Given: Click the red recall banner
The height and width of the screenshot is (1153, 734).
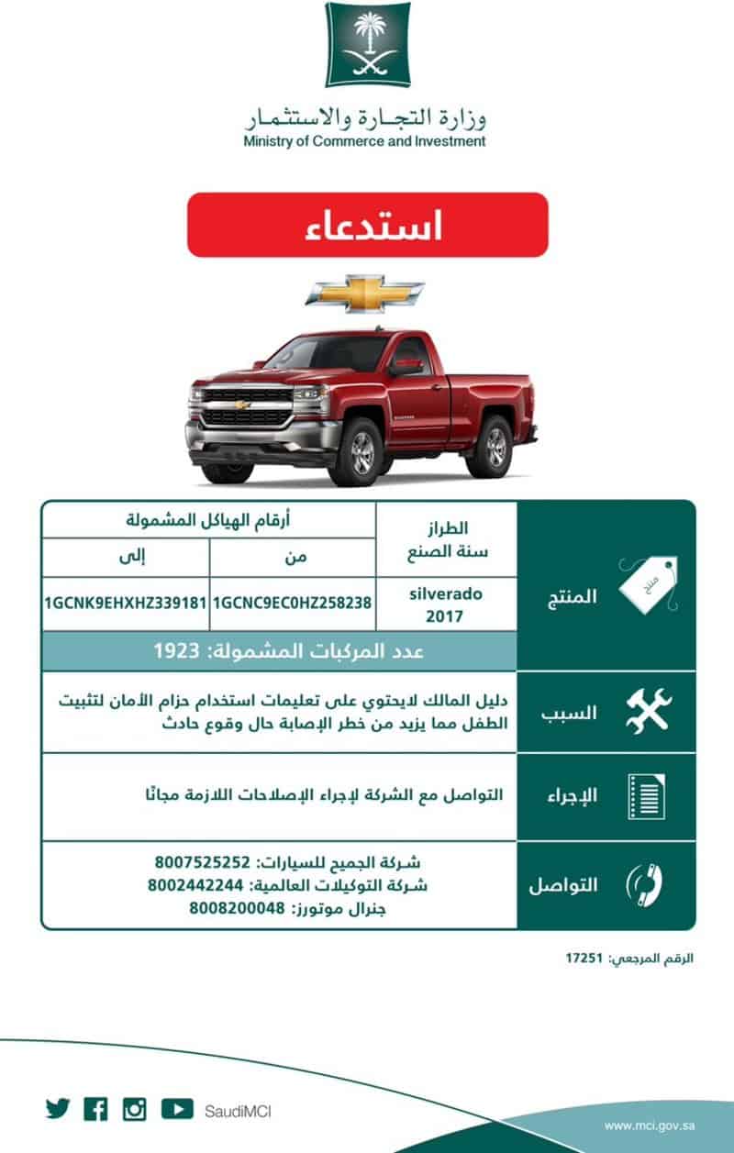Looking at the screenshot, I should coord(367,225).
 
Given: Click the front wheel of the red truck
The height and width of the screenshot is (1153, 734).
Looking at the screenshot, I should coord(360,452).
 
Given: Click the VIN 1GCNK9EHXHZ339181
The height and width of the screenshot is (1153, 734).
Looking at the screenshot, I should coord(126,604).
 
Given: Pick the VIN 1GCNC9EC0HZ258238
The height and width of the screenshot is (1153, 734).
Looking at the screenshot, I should coord(293,604).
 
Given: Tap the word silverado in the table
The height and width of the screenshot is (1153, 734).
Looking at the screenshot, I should coord(446,593).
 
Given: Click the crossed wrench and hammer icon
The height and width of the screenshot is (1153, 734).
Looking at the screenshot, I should coord(649,710).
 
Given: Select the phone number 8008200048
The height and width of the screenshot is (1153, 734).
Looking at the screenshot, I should coord(236,909).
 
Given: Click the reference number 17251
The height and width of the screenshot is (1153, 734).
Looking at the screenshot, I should coord(584,959).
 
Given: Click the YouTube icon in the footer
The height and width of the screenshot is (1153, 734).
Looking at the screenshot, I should coord(177,1109).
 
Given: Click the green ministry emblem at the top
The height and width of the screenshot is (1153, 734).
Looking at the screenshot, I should coord(368,44).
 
